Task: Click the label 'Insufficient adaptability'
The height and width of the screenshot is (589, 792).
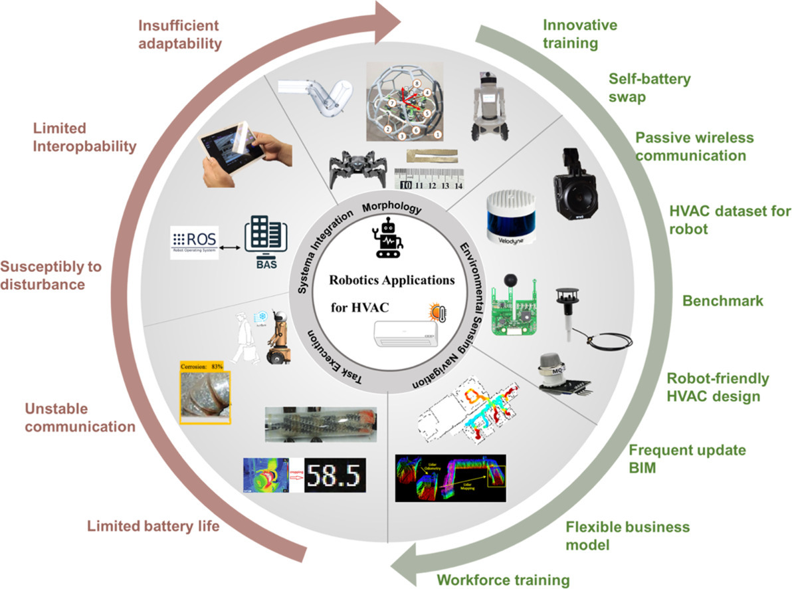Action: tap(179, 35)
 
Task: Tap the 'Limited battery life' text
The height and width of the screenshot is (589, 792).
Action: tap(153, 526)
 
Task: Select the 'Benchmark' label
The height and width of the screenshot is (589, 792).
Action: tap(723, 300)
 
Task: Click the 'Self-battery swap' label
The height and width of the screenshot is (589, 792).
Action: tap(650, 88)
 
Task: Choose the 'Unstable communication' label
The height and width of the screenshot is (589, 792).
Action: tap(80, 417)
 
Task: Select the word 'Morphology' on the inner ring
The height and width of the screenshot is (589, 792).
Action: tap(391, 207)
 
